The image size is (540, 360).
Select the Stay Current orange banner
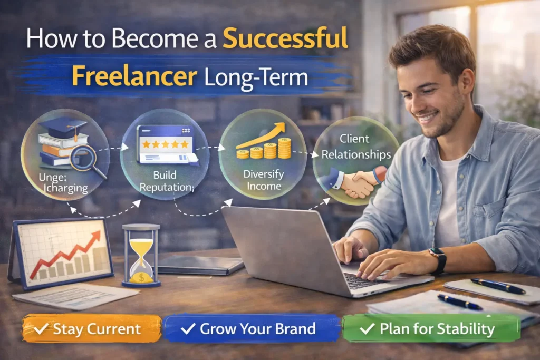pyautogui.click(x=91, y=329)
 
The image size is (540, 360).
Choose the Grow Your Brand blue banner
pyautogui.click(x=251, y=329)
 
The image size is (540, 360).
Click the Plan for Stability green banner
pyautogui.click(x=431, y=329)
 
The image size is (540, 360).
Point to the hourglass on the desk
pyautogui.click(x=141, y=254)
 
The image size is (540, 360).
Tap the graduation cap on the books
pyautogui.click(x=63, y=128)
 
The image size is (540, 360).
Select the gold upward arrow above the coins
pyautogui.click(x=263, y=135)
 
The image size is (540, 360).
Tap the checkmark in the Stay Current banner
pyautogui.click(x=41, y=329)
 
